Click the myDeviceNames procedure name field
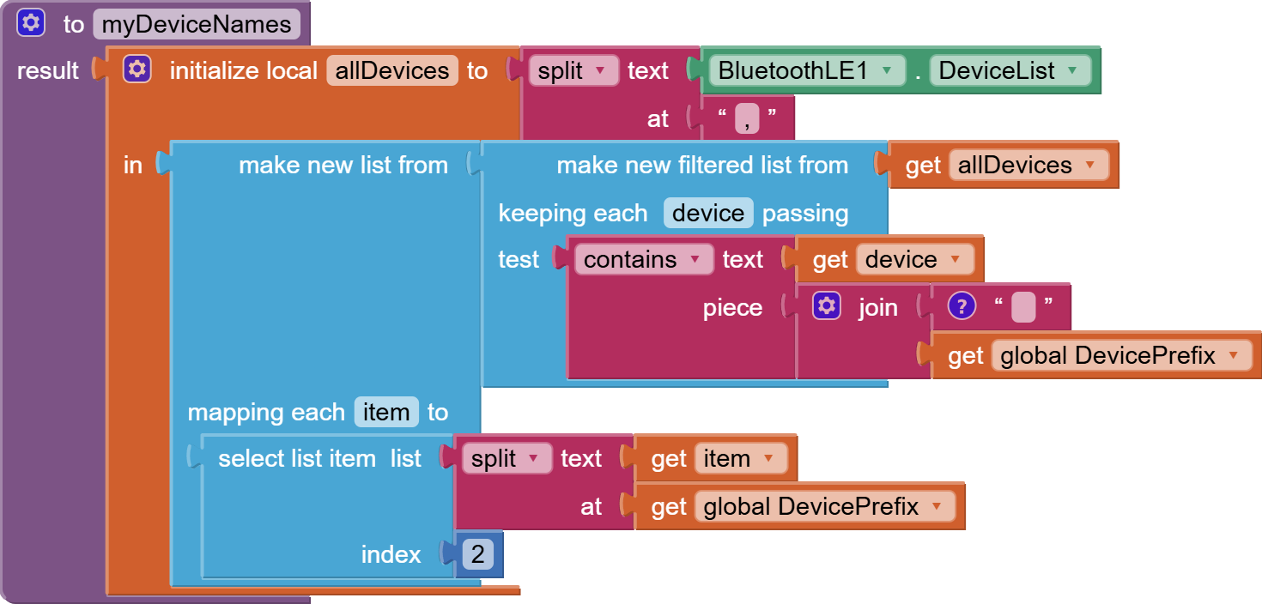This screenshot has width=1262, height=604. (197, 24)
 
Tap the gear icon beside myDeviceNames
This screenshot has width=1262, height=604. (30, 23)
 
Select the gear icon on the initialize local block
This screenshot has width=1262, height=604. (137, 69)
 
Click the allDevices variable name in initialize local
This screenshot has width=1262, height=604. (392, 70)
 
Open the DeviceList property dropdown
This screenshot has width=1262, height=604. (1010, 70)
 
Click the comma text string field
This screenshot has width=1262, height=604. (747, 118)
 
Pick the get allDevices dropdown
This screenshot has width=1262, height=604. (1028, 165)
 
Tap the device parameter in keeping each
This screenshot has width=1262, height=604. (708, 213)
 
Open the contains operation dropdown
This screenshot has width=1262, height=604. (644, 259)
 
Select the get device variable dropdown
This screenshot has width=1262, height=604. (915, 259)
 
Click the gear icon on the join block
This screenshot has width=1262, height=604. (827, 306)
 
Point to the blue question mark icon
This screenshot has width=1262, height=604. (962, 306)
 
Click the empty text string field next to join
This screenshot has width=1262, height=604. (1023, 307)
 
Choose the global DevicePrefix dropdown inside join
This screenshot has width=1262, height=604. (1121, 356)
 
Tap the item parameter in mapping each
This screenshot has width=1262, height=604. (386, 412)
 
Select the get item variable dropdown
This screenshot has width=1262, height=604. (741, 459)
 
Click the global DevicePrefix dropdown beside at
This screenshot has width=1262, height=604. (825, 506)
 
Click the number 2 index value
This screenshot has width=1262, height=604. (477, 554)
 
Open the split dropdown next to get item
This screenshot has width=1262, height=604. (507, 459)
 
